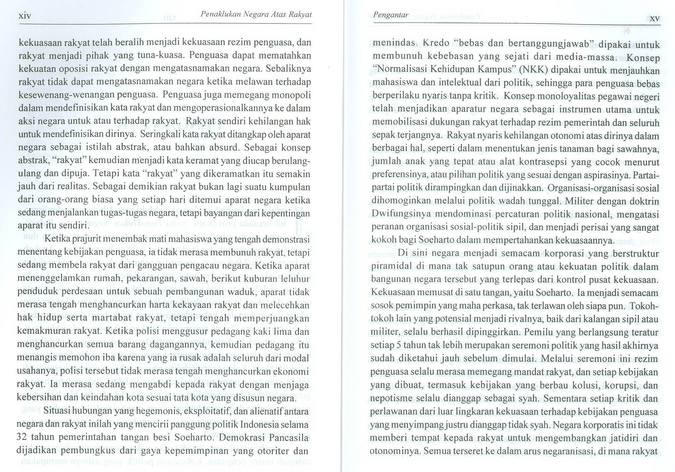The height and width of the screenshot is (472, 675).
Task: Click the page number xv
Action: pos(654,18)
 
